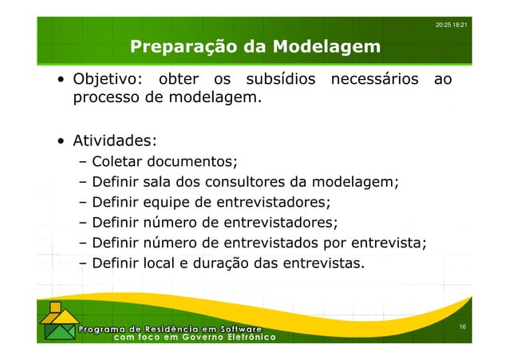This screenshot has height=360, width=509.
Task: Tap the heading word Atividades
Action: click(x=113, y=142)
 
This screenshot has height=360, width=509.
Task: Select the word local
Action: click(x=161, y=261)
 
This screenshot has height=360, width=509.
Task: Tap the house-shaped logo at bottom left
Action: click(x=55, y=323)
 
